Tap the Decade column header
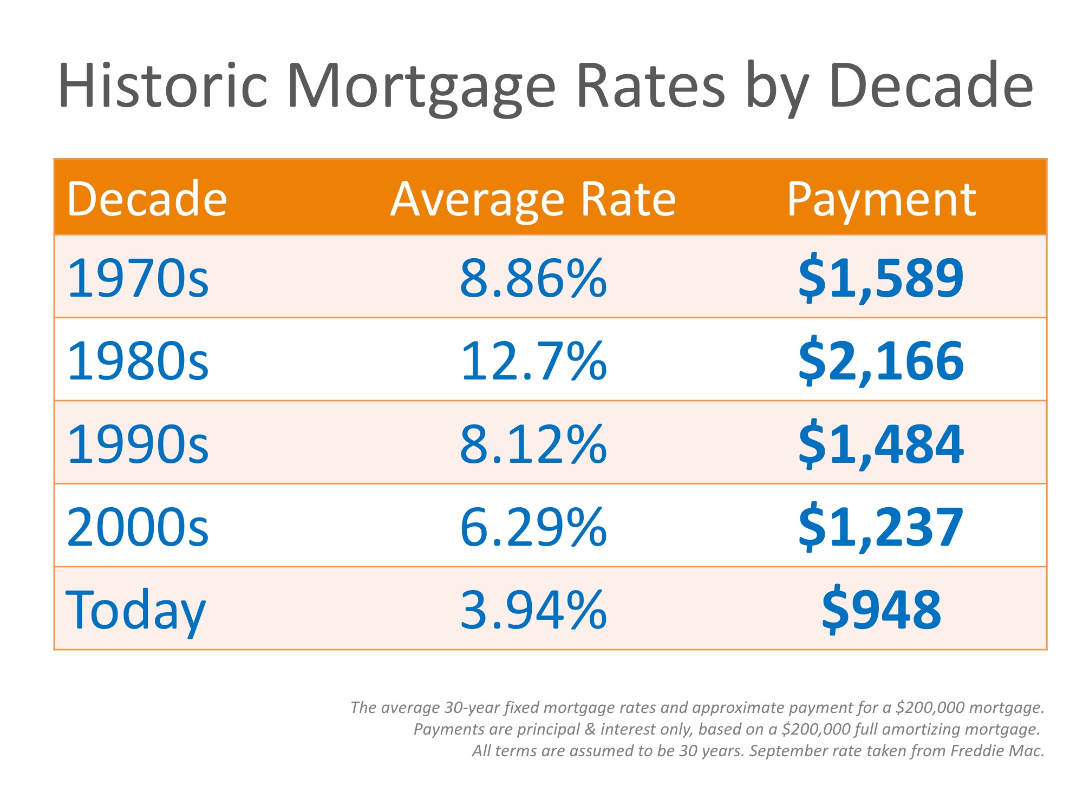[x=147, y=199]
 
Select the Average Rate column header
[x=533, y=199]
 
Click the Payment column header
[x=881, y=199]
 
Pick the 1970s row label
[x=138, y=278]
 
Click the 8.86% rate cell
[x=533, y=278]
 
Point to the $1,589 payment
[x=881, y=278]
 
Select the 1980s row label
[x=138, y=361]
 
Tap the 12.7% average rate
[x=533, y=361]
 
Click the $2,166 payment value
[x=881, y=361]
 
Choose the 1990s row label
[x=138, y=444]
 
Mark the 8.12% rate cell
[x=533, y=444]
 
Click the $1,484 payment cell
[x=881, y=444]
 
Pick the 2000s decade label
[x=138, y=527]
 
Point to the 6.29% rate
[x=533, y=527]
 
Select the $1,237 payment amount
[x=881, y=527]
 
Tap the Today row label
[x=135, y=610]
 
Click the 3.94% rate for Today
[x=533, y=610]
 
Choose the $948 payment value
[x=881, y=610]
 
